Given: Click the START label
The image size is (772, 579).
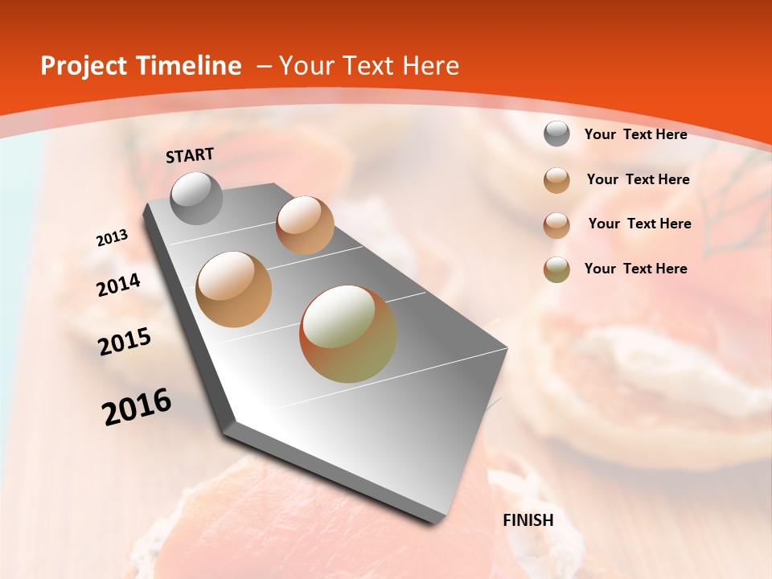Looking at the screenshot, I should point(190,155).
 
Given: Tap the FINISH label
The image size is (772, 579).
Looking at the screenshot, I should point(528,520).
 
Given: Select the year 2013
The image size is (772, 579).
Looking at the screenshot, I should point(112,238).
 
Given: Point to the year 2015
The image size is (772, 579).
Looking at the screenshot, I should point(125,342).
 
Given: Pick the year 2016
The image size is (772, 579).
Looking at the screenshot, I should point(137,407).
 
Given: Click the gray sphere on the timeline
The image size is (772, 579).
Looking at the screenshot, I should point(197,198).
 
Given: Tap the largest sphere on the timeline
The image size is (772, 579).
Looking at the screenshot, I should point(348,334).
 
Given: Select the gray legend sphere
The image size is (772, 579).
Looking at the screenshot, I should point(556,134).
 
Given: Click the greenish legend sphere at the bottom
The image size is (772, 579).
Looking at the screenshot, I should point(556,269).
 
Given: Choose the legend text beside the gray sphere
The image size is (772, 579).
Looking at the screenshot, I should point(635,134).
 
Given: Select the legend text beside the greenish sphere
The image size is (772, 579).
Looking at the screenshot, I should point(635,269).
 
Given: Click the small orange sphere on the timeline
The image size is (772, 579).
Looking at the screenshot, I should point(305,225).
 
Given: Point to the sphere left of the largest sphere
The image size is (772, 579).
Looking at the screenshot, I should point(234,289).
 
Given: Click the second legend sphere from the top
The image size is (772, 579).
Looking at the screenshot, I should point(556,180).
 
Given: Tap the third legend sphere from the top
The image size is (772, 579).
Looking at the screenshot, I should point(556,225).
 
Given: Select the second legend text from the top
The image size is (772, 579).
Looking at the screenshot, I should point(638,179).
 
